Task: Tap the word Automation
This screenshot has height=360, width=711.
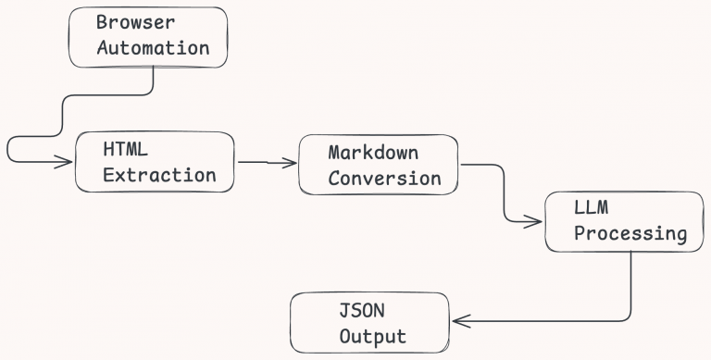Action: [153, 47]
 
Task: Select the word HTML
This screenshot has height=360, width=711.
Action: [125, 150]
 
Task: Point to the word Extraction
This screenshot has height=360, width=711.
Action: [159, 174]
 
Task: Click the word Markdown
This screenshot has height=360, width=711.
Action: [372, 153]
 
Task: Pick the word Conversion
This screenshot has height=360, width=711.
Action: [384, 178]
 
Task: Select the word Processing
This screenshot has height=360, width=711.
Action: [630, 234]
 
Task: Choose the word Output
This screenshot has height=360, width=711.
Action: [372, 336]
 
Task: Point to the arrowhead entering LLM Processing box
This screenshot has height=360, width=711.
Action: [536, 221]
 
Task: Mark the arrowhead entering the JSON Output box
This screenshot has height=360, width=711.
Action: [457, 322]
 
